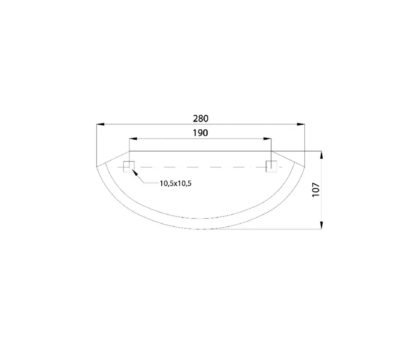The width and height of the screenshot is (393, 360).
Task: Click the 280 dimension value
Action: pyautogui.click(x=201, y=118)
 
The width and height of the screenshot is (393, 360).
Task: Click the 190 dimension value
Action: pyautogui.click(x=200, y=133)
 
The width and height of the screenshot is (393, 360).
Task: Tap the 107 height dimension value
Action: pyautogui.click(x=316, y=190)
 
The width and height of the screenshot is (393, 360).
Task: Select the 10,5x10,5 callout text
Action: pyautogui.click(x=175, y=184)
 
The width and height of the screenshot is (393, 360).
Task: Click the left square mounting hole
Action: pyautogui.click(x=129, y=167)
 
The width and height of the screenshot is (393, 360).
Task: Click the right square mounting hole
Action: pyautogui.click(x=271, y=167)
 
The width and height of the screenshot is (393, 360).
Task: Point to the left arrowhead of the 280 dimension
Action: pyautogui.click(x=100, y=124)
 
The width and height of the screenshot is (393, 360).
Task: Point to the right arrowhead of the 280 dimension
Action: pyautogui.click(x=301, y=124)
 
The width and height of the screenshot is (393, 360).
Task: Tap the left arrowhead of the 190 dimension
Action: pyautogui.click(x=133, y=138)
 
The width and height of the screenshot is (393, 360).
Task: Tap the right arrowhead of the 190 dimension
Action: pyautogui.click(x=267, y=138)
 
